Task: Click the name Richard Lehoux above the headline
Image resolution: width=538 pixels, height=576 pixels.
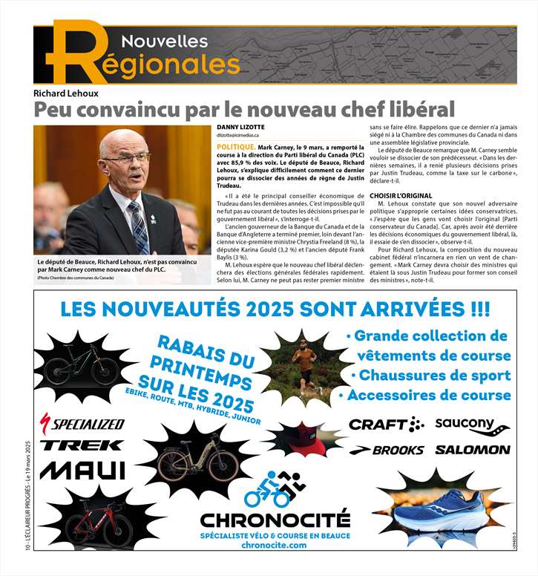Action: point(65,94)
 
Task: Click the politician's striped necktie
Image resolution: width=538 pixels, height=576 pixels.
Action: point(137,227)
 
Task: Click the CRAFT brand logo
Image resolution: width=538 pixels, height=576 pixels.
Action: point(386,425)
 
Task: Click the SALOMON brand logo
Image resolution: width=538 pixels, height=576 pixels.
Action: point(472,450)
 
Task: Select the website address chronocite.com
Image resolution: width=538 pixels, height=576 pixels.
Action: point(274,546)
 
